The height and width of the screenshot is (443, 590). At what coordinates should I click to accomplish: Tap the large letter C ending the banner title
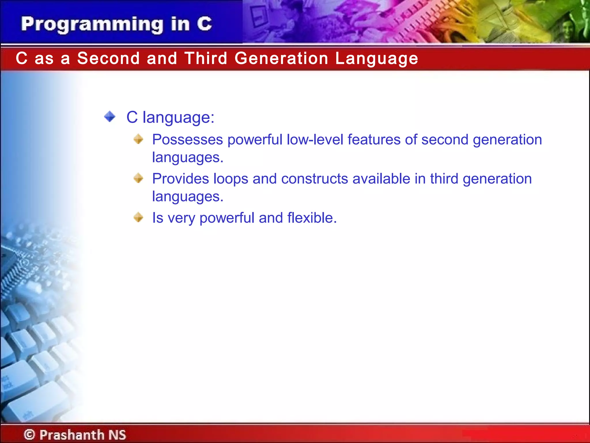205,24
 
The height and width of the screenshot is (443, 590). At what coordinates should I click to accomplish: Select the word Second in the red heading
108,58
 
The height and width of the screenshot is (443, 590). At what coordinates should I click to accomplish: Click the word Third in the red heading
206,58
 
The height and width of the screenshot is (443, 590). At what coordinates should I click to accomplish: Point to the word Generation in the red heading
281,58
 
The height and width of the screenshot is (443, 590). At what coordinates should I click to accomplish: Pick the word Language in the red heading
377,59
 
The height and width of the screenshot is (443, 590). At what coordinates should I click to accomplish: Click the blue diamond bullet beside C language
110,117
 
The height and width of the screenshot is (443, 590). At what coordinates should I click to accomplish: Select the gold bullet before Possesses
138,139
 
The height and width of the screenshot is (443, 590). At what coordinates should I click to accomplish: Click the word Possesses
188,140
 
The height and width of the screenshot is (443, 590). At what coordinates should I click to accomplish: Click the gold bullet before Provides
138,178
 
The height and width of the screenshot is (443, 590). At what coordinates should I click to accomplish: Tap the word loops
231,179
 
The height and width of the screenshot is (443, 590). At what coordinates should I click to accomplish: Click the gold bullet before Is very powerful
138,217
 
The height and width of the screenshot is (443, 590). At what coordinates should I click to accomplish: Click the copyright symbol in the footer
29,434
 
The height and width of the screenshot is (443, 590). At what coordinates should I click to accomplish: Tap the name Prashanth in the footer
72,435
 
